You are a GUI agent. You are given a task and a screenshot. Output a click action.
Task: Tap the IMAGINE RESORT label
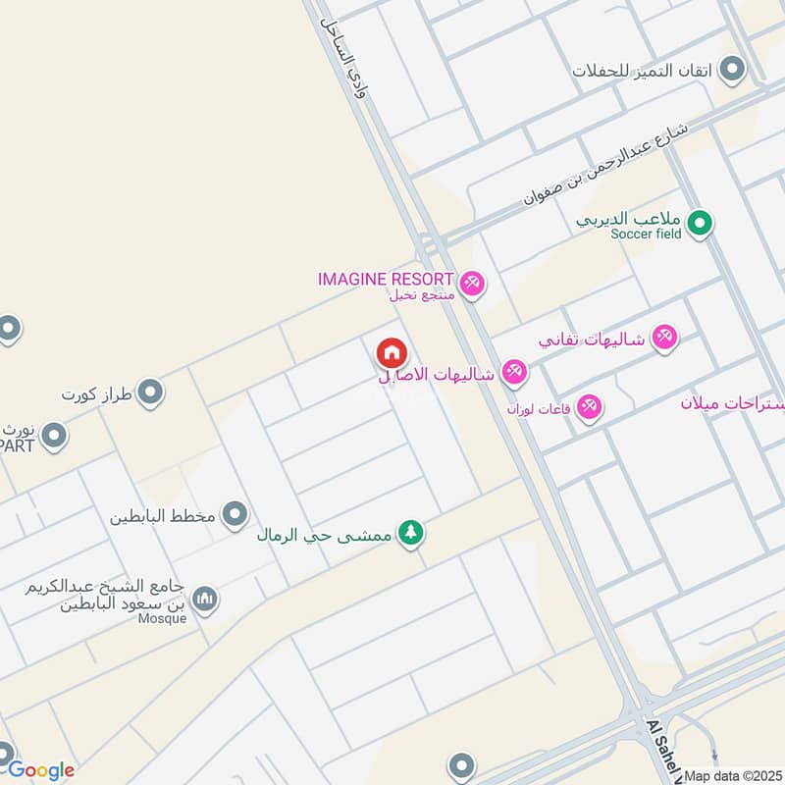[x=386, y=279]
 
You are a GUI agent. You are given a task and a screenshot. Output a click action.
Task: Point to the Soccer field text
[x=645, y=235]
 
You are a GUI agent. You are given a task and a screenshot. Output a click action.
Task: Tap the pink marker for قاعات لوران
[x=589, y=405]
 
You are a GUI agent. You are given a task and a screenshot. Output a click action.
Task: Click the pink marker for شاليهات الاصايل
[x=514, y=373]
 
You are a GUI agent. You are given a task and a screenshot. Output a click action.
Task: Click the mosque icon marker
[x=204, y=599]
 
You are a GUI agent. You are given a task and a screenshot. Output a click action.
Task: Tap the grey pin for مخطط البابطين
[x=235, y=513]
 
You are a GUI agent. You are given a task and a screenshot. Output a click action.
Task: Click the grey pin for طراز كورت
[x=150, y=394]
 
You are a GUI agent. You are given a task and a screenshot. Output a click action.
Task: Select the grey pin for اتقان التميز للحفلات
[x=731, y=70]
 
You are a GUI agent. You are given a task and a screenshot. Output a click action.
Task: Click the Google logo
[x=40, y=770]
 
